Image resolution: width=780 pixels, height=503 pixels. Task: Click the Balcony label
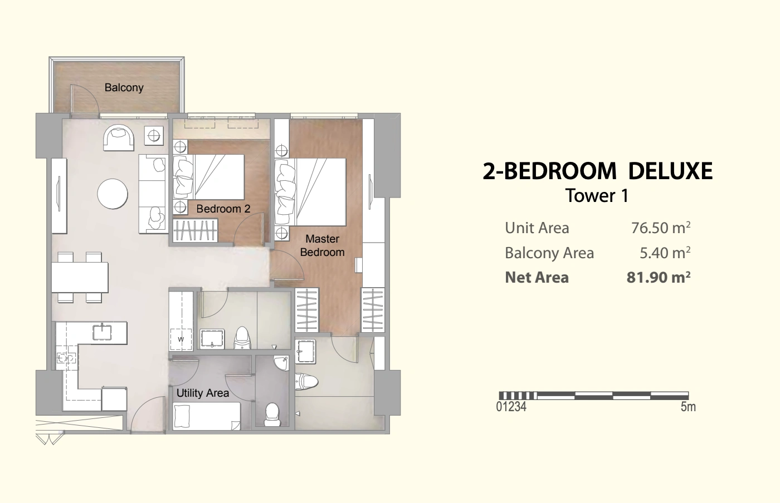coord(124,88)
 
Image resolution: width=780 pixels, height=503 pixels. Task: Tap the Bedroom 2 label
coord(223,209)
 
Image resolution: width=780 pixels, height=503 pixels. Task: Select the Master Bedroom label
coord(323,245)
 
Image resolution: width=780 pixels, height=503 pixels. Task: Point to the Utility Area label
coord(203,393)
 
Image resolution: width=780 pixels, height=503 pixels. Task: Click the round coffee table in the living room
coord(113,194)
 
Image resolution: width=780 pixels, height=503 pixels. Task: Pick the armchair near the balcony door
coord(118,138)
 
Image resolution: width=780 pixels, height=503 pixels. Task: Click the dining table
coord(80,277)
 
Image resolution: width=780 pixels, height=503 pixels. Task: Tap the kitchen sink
coord(102,333)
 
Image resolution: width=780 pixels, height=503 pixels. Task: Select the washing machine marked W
coord(181,339)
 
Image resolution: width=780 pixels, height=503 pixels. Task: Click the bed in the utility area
coord(207,416)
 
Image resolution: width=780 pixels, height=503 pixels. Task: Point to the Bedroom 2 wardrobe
coord(196,230)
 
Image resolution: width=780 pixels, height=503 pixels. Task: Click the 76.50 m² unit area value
coord(661,228)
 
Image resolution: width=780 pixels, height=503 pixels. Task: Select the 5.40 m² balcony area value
coord(665,253)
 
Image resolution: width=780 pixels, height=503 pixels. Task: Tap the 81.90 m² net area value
coord(659,277)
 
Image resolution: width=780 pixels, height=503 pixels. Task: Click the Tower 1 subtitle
coord(597,195)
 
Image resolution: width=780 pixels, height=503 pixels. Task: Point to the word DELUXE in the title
coord(670,171)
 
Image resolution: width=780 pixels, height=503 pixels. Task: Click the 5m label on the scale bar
coord(688,407)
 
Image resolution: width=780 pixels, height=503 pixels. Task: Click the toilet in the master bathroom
coord(306,381)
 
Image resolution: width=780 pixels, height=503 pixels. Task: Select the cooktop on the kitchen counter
coord(66,358)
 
